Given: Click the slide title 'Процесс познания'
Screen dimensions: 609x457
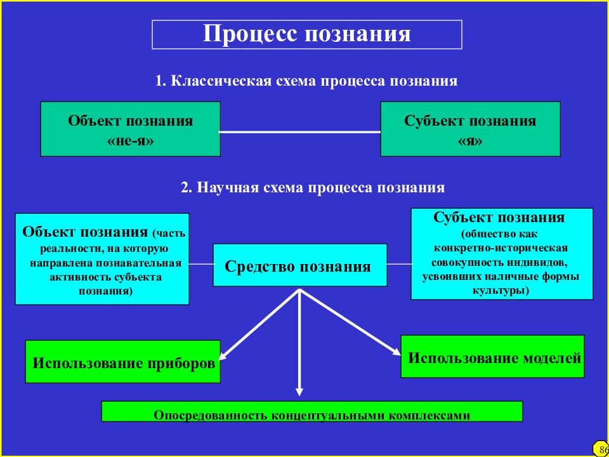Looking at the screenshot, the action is tap(306, 34).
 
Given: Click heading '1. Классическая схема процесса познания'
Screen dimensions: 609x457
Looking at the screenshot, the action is tap(306, 81).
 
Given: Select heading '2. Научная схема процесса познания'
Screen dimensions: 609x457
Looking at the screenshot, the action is tap(313, 188).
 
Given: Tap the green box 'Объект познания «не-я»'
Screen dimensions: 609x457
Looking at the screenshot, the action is tap(131, 129).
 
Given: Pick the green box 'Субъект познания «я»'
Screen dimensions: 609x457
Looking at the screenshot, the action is tap(470, 129).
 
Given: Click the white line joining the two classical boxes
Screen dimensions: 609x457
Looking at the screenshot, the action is tap(300, 132).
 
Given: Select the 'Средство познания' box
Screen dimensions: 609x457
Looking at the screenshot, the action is tap(300, 265).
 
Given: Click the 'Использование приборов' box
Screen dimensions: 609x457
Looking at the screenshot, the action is tap(122, 361).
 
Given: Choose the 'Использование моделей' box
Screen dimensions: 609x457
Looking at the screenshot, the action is tap(492, 356).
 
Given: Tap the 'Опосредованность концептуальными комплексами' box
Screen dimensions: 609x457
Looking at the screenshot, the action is tap(312, 411).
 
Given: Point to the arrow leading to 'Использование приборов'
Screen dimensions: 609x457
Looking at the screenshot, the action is tap(259, 324).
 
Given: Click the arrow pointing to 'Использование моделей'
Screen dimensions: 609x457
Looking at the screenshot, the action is tap(350, 322).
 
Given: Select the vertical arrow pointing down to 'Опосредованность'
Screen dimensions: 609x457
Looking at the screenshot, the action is tap(299, 342).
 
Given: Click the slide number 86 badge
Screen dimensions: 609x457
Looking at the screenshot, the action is tap(601, 450).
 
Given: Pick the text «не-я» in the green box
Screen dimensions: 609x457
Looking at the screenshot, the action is tap(130, 141).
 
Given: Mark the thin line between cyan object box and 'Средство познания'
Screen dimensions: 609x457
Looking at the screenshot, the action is tap(201, 264).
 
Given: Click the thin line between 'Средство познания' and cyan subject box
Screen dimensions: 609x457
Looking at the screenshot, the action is tap(399, 264).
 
